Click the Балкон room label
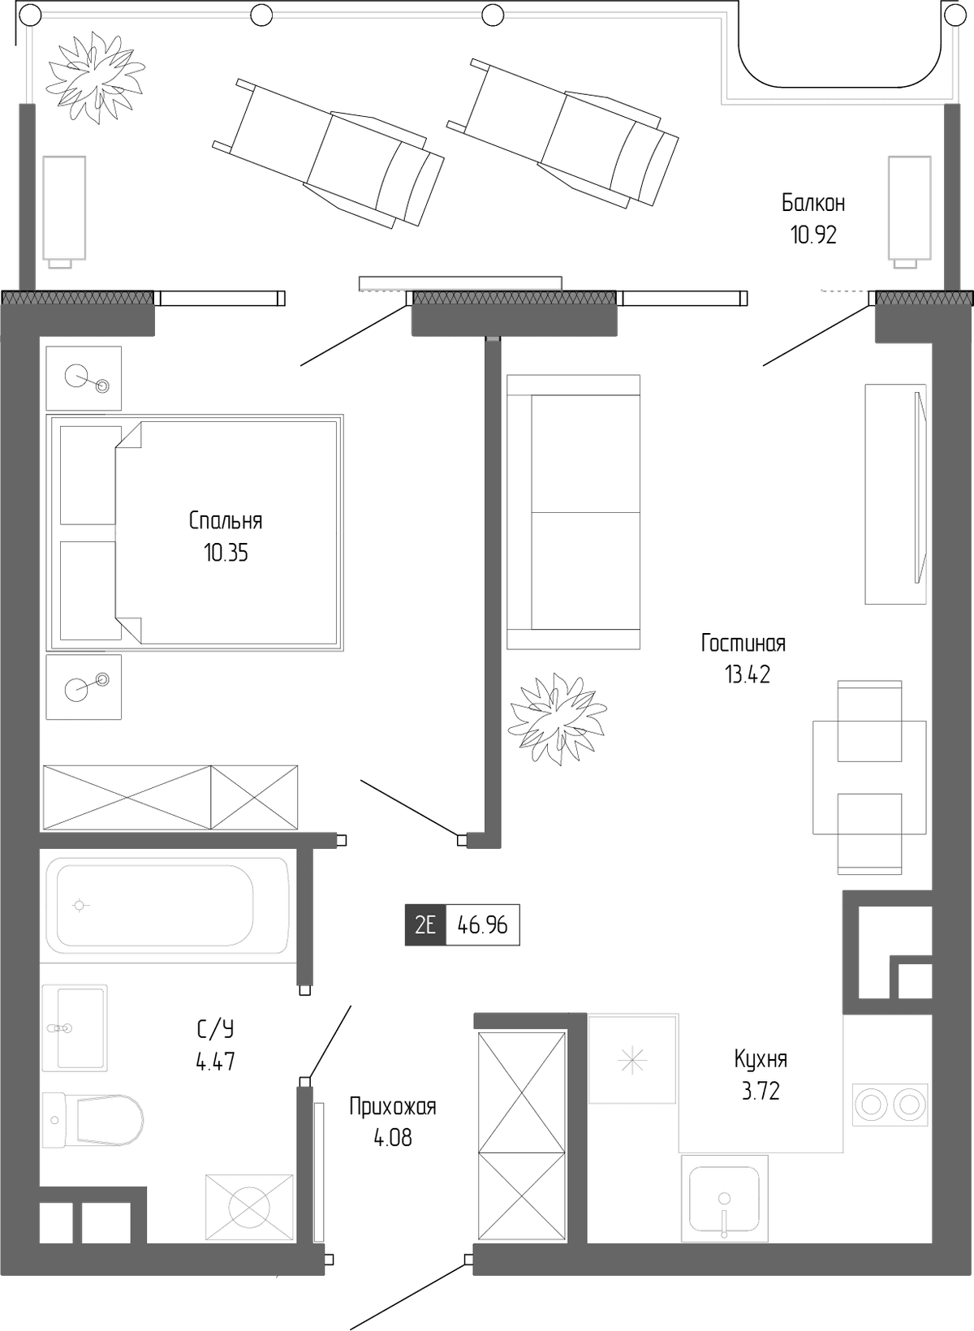point(813,204)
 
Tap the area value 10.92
point(813,236)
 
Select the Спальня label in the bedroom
point(226,521)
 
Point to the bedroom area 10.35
point(226,554)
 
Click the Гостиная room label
point(743,643)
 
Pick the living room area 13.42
point(747,675)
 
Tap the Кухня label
point(761,1059)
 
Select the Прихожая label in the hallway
point(393,1107)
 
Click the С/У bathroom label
point(215,1029)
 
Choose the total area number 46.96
point(483,925)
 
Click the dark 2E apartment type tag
point(425,924)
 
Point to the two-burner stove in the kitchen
point(890,1105)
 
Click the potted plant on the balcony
point(95,79)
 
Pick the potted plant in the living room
point(558,719)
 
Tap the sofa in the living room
point(574,511)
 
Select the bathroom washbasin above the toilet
point(75,1028)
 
